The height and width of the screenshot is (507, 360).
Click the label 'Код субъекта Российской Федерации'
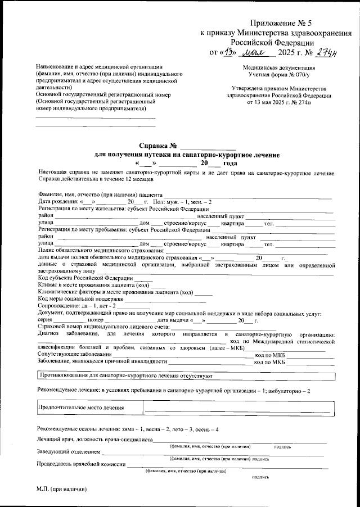[x=85, y=278]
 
